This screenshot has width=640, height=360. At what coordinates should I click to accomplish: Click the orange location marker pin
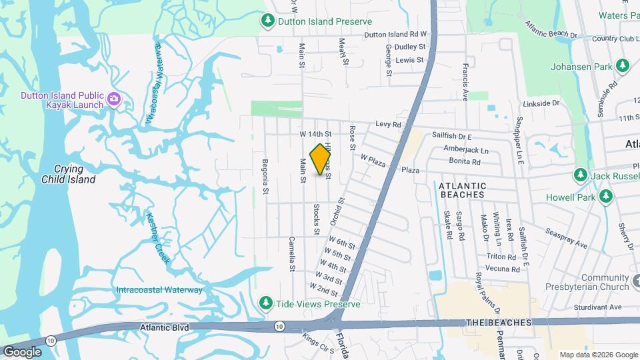(321, 159)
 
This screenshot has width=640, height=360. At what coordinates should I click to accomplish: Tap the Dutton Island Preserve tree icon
(267, 21)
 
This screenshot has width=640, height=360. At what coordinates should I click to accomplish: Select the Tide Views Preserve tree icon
(266, 303)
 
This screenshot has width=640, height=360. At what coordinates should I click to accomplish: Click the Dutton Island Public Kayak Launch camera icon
(114, 99)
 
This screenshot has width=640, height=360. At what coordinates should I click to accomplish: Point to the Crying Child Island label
(68, 174)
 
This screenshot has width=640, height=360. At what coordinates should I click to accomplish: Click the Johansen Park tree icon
(623, 65)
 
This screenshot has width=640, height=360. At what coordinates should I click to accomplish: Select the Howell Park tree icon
(606, 197)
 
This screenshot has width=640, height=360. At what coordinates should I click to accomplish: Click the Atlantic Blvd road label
(165, 327)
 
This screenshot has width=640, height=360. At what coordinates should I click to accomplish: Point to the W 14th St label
(315, 135)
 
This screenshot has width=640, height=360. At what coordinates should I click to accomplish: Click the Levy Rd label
(387, 124)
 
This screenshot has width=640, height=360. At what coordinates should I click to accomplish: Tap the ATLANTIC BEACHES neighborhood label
(472, 189)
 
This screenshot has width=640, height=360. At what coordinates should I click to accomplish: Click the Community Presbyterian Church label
(605, 282)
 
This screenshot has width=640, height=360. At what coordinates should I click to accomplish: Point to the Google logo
(22, 351)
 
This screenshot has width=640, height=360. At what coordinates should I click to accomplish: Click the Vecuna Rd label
(503, 269)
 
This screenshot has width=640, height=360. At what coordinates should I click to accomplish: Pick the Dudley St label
(410, 47)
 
